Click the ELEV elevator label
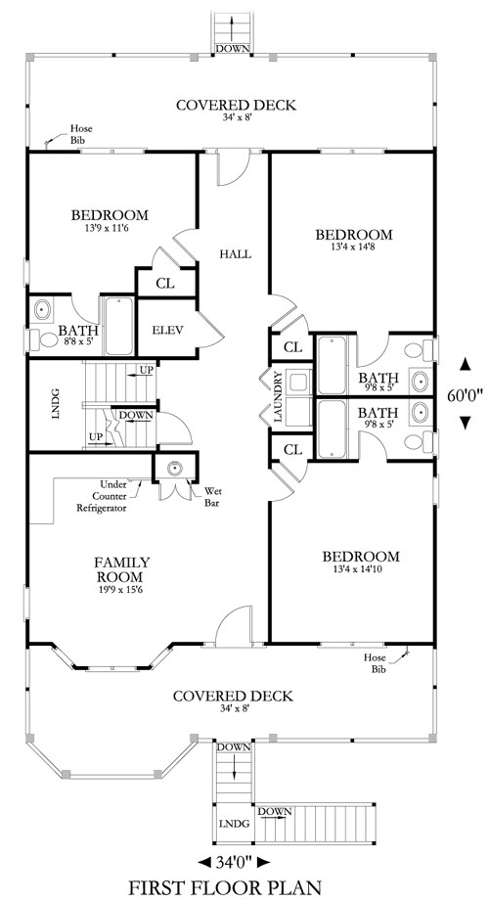[167, 331]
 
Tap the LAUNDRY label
[278, 397]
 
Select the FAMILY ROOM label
[122, 569]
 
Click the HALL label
[236, 253]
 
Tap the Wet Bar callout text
[213, 497]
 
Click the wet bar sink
[175, 468]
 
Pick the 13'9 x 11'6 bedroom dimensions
[110, 228]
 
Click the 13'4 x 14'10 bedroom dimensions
[361, 569]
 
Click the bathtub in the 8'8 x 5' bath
[119, 326]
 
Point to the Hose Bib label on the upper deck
[80, 134]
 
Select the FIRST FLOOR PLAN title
[224, 887]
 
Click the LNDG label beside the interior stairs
[56, 403]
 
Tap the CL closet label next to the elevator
[165, 284]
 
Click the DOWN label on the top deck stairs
[233, 49]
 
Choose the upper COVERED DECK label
[236, 106]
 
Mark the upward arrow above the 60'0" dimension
[465, 364]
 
